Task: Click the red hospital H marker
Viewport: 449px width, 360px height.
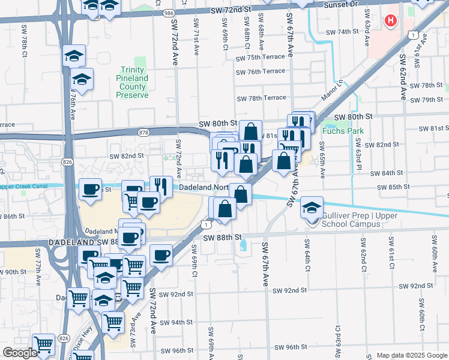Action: (391, 22)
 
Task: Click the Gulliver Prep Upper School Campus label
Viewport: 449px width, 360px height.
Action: (351, 220)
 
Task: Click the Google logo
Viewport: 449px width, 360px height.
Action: (20, 353)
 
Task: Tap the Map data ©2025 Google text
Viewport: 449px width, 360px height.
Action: (411, 355)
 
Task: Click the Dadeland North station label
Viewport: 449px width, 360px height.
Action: (203, 188)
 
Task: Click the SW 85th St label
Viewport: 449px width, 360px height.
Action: (390, 187)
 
